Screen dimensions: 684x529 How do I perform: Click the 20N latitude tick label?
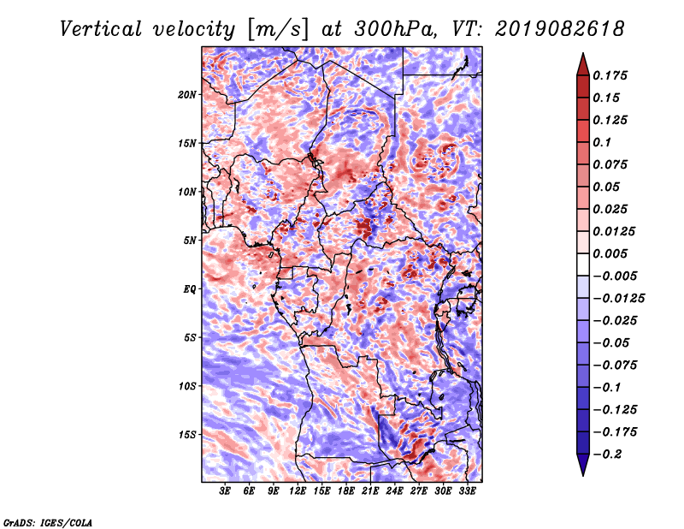[x=187, y=95]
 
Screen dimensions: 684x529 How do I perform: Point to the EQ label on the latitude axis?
[x=189, y=289]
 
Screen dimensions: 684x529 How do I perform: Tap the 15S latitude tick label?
[x=187, y=435]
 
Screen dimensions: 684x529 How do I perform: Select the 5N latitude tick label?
[x=190, y=241]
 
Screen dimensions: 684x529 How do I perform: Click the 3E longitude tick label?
[x=225, y=491]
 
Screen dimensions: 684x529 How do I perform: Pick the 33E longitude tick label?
[x=467, y=491]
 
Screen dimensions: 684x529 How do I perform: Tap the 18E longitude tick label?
[x=346, y=491]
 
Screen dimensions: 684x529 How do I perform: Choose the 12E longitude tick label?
[x=298, y=491]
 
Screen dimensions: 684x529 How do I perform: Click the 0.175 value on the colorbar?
[x=610, y=75]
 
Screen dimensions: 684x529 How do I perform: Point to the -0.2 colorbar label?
[x=607, y=455]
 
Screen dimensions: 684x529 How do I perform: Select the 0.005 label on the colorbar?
[x=610, y=253]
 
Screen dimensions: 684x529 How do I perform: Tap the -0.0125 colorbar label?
[x=618, y=299]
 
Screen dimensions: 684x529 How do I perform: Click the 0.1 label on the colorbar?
[x=602, y=142]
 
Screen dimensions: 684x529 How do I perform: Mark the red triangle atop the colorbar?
[x=583, y=65]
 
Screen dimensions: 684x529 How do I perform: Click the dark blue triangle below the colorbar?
[x=583, y=465]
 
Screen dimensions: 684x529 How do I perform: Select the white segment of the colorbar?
[x=583, y=264]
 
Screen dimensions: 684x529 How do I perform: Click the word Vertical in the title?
[x=101, y=29]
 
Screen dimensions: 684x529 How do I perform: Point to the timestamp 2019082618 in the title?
[x=560, y=29]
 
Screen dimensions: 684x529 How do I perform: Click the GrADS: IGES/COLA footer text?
[x=48, y=522]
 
